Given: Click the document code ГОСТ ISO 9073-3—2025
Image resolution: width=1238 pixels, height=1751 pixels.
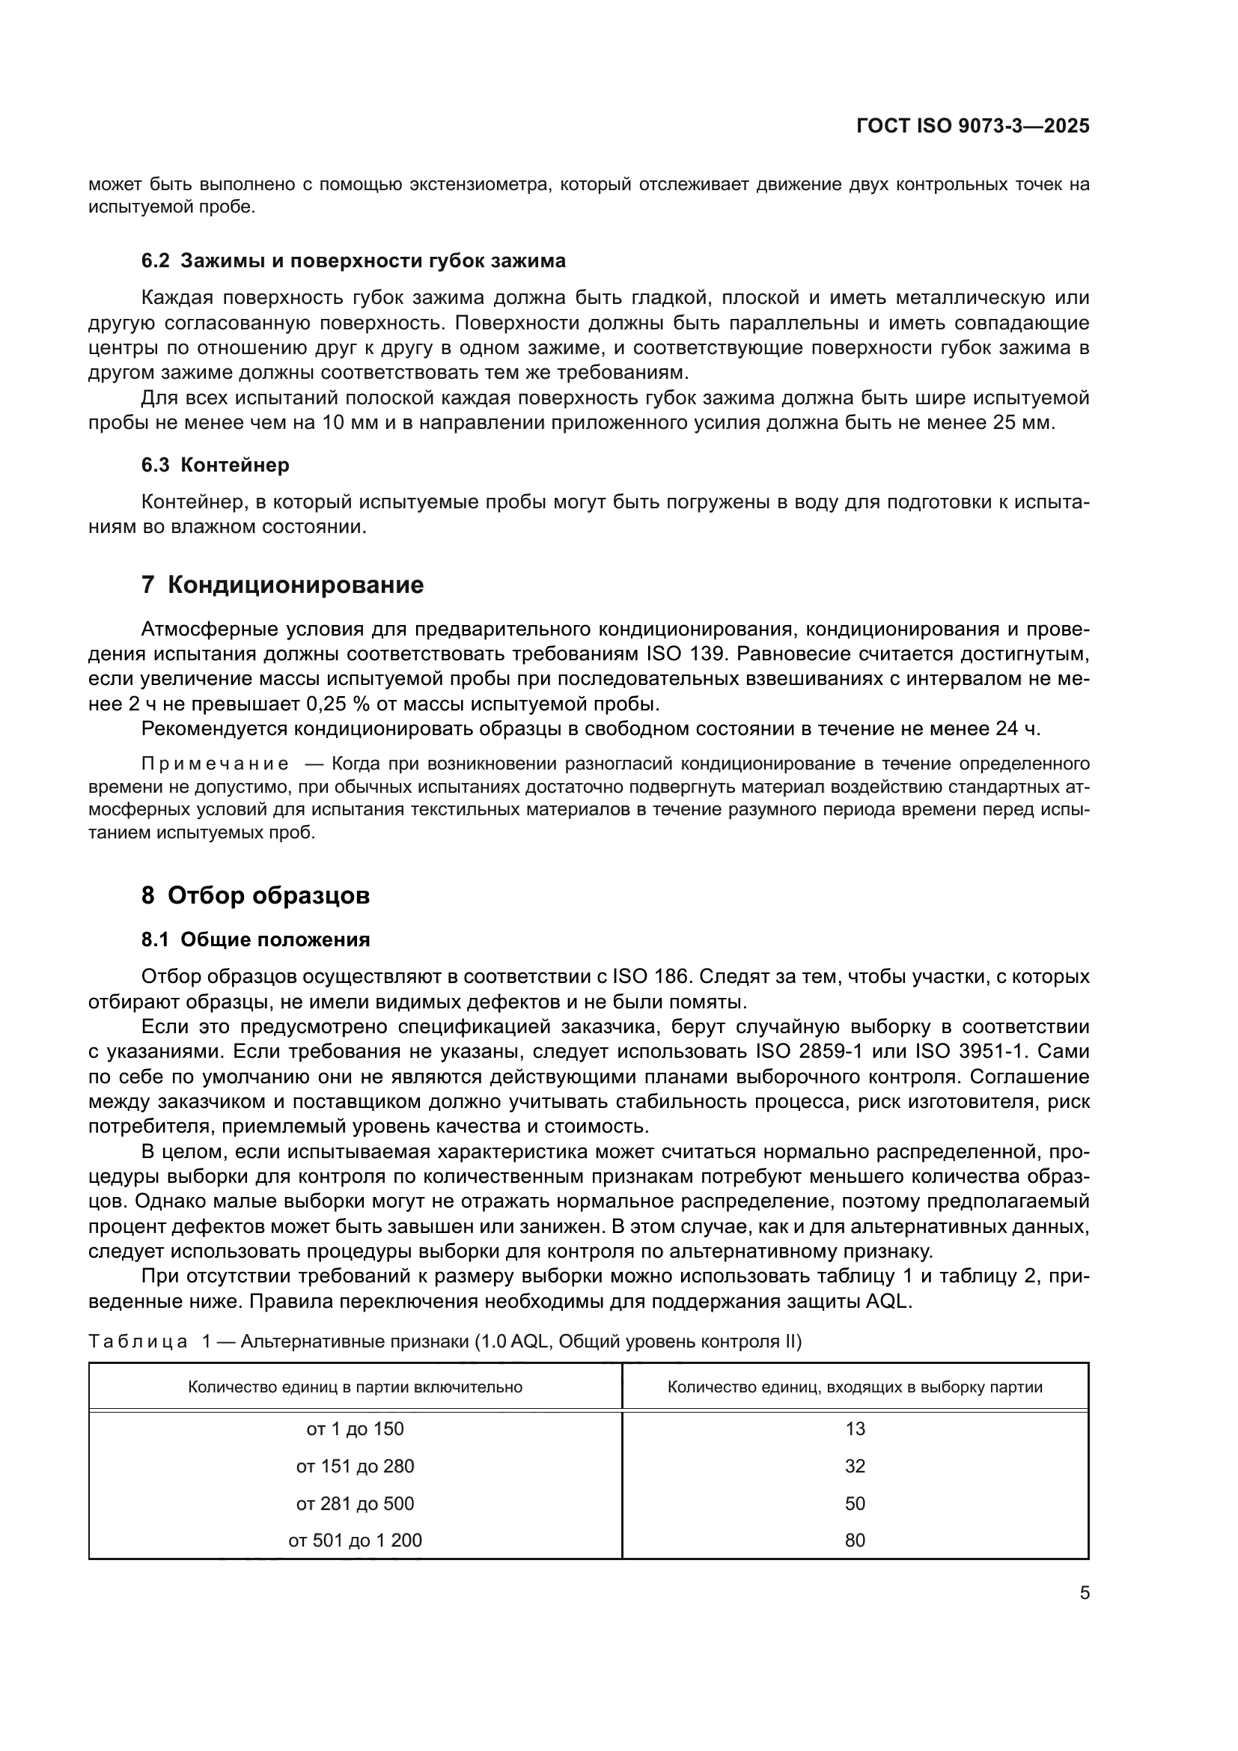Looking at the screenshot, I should click(x=973, y=126).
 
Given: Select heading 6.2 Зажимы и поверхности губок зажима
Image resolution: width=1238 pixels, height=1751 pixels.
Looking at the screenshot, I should click(x=353, y=261).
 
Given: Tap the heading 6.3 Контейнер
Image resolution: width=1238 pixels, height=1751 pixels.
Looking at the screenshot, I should click(x=215, y=464).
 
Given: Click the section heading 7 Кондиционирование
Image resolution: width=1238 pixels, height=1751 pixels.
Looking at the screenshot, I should click(x=282, y=585).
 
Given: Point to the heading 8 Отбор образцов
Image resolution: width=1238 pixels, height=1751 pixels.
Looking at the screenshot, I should click(x=255, y=895).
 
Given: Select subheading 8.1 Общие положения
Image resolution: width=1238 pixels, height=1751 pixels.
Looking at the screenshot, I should click(x=255, y=940).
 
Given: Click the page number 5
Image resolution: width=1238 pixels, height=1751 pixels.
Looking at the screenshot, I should click(x=1084, y=1592).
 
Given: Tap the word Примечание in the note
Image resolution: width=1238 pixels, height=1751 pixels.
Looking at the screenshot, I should click(x=215, y=764).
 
